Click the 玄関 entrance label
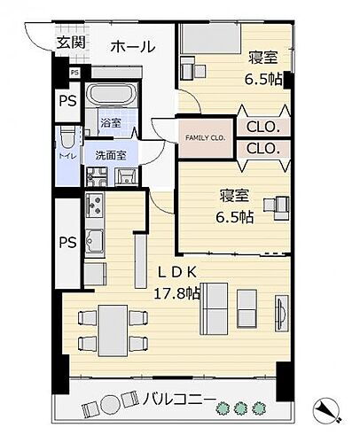(71, 42)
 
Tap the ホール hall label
(133, 47)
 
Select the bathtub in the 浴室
(111, 95)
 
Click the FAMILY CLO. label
(205, 138)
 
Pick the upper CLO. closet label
(263, 127)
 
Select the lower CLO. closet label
(263, 150)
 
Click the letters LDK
(177, 271)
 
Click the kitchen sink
(94, 240)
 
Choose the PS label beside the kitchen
(67, 242)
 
